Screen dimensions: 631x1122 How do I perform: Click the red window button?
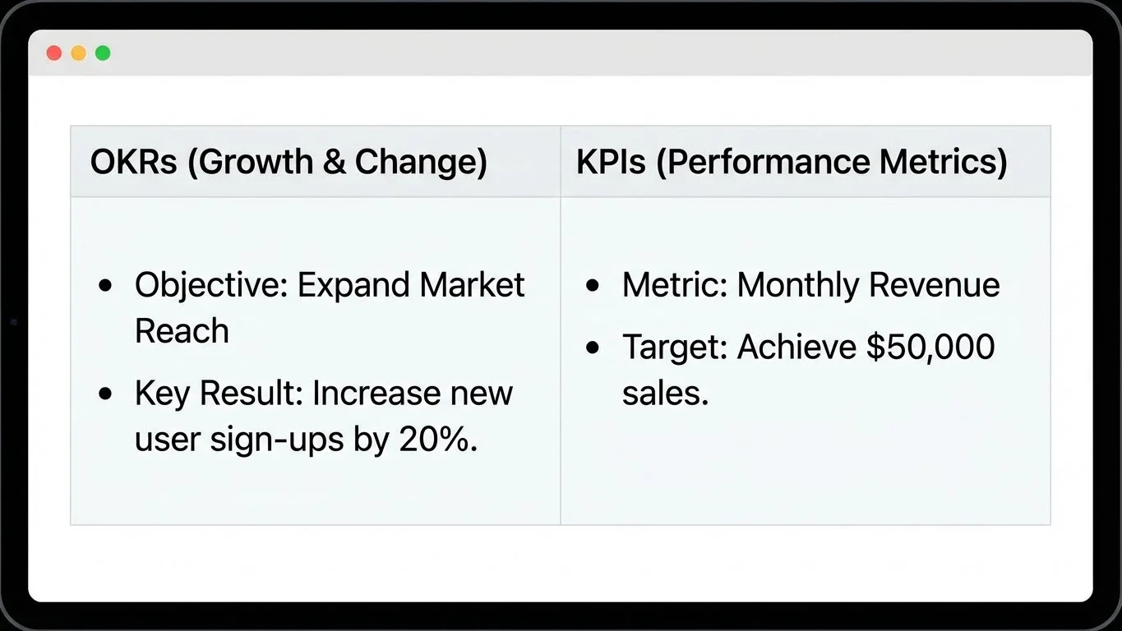(x=54, y=53)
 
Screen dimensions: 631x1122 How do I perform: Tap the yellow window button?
(x=78, y=53)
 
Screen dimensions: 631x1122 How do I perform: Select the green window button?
(x=103, y=53)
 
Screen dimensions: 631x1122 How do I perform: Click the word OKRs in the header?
(x=133, y=162)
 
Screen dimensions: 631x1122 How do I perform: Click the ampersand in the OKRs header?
(x=334, y=162)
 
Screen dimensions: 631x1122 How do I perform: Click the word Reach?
(x=182, y=331)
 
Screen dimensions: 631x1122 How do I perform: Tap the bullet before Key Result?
(x=104, y=394)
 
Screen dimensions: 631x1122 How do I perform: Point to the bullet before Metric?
(x=593, y=286)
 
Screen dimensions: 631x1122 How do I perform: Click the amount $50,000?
(x=930, y=348)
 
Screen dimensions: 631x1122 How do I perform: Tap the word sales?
(x=665, y=394)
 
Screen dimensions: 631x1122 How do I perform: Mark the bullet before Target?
(x=593, y=348)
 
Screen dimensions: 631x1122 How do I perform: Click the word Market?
(x=472, y=285)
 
